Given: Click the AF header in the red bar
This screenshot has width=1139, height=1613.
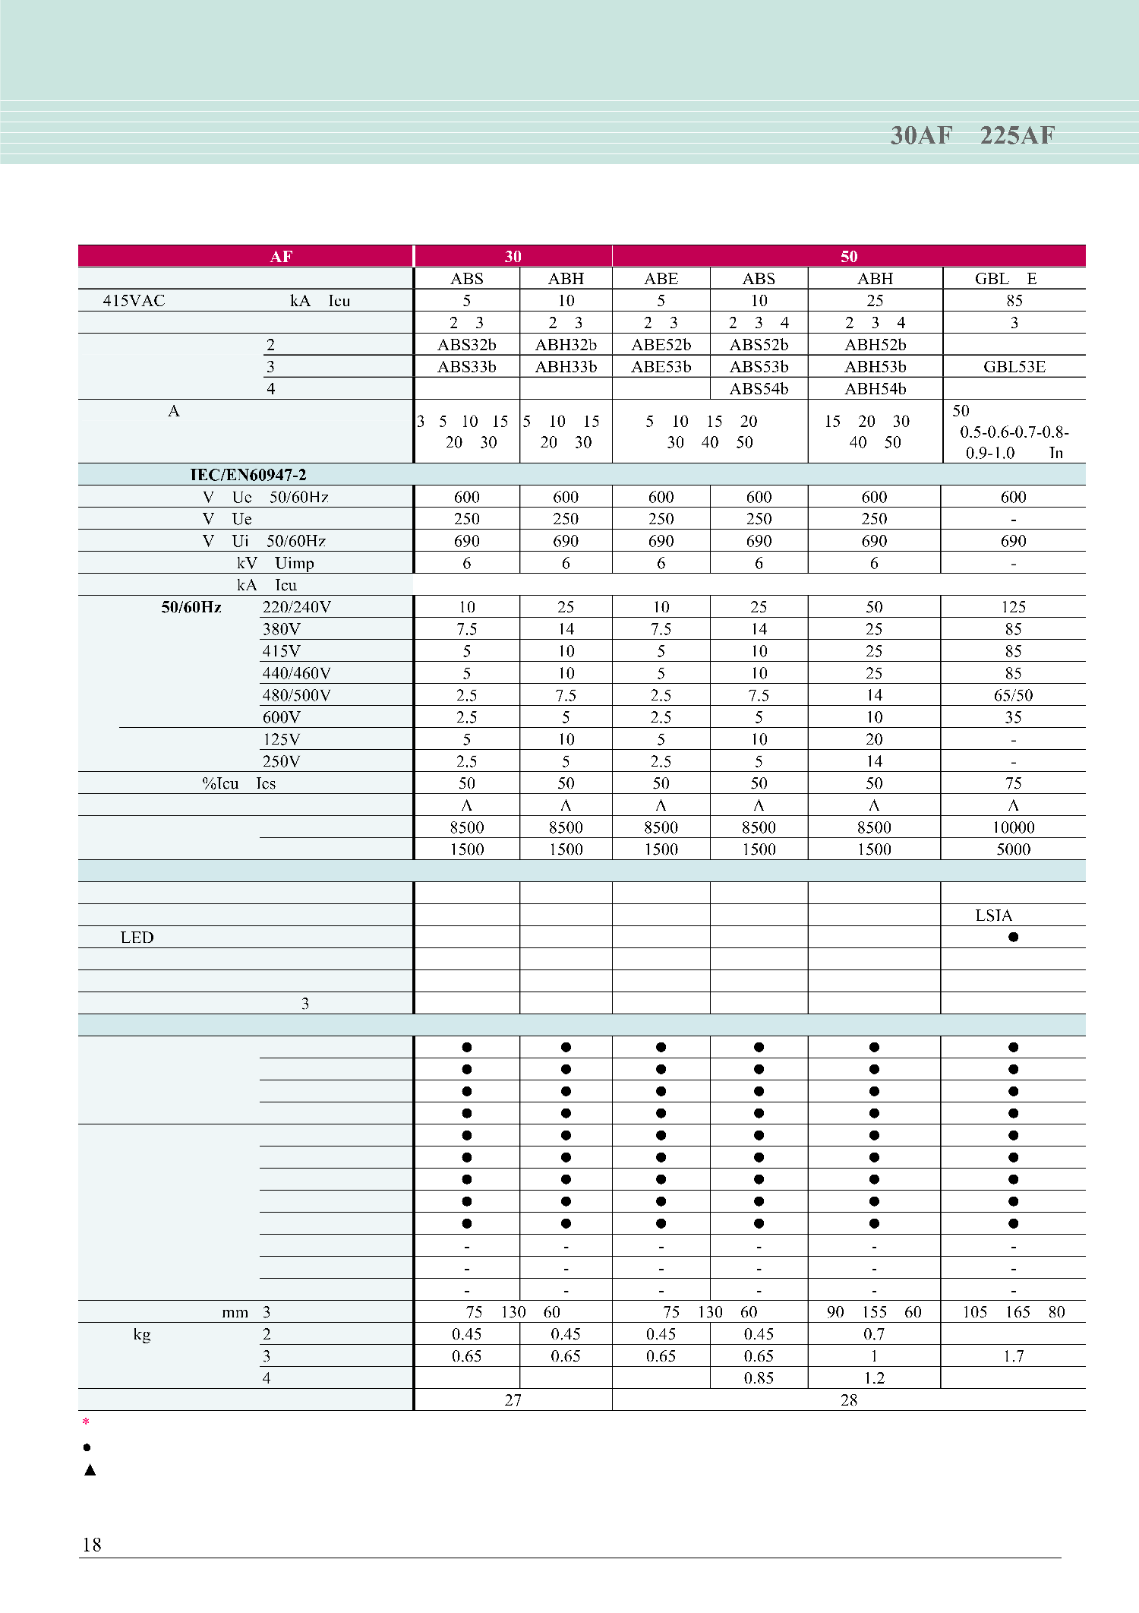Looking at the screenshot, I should click(x=281, y=256).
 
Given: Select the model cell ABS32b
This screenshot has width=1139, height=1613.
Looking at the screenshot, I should click(x=466, y=345).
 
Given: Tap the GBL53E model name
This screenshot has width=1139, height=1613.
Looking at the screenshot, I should click(x=1014, y=367).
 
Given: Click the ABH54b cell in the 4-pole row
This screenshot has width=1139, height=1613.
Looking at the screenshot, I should click(x=875, y=389).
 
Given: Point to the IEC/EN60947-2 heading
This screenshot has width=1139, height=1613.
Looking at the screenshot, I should click(x=248, y=475).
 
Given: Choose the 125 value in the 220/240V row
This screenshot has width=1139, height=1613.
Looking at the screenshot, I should click(x=1013, y=607).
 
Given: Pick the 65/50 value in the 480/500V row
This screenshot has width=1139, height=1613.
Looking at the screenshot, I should click(x=1013, y=695).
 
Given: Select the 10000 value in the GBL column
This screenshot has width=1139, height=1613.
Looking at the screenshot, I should click(x=1013, y=827).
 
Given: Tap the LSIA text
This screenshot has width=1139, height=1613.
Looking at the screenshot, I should click(x=993, y=916).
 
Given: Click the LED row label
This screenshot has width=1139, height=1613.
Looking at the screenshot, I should click(x=137, y=938).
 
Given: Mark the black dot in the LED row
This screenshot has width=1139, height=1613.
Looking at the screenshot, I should click(x=1013, y=937).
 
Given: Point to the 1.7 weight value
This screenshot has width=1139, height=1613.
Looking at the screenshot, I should click(x=1013, y=1356).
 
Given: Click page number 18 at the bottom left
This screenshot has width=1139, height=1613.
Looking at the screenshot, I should click(x=91, y=1545).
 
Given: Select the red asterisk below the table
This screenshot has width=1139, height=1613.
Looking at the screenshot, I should click(x=86, y=1422).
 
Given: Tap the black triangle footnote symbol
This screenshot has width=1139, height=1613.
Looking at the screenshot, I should click(x=90, y=1469).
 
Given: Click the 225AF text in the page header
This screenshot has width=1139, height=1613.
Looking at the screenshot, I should click(x=1017, y=135).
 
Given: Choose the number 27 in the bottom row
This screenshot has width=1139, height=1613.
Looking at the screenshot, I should click(x=513, y=1400).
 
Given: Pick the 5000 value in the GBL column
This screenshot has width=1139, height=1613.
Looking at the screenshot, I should click(x=1013, y=849).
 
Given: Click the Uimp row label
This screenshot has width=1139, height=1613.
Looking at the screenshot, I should click(x=294, y=563).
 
